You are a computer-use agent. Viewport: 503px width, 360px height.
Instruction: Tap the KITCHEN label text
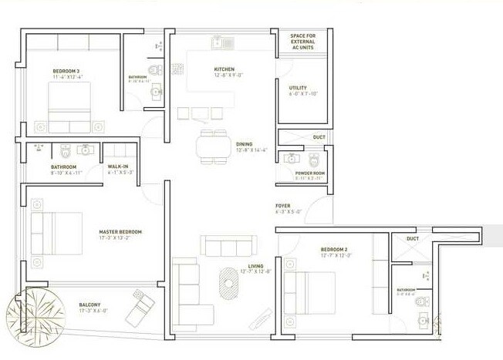[x=224, y=69]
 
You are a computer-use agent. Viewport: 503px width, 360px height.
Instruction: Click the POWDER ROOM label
[x=310, y=173]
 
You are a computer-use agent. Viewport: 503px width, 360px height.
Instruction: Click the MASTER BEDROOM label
[x=120, y=231]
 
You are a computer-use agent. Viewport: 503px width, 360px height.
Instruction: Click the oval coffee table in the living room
[x=229, y=282]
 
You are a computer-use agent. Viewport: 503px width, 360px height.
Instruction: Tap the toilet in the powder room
[x=313, y=160]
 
